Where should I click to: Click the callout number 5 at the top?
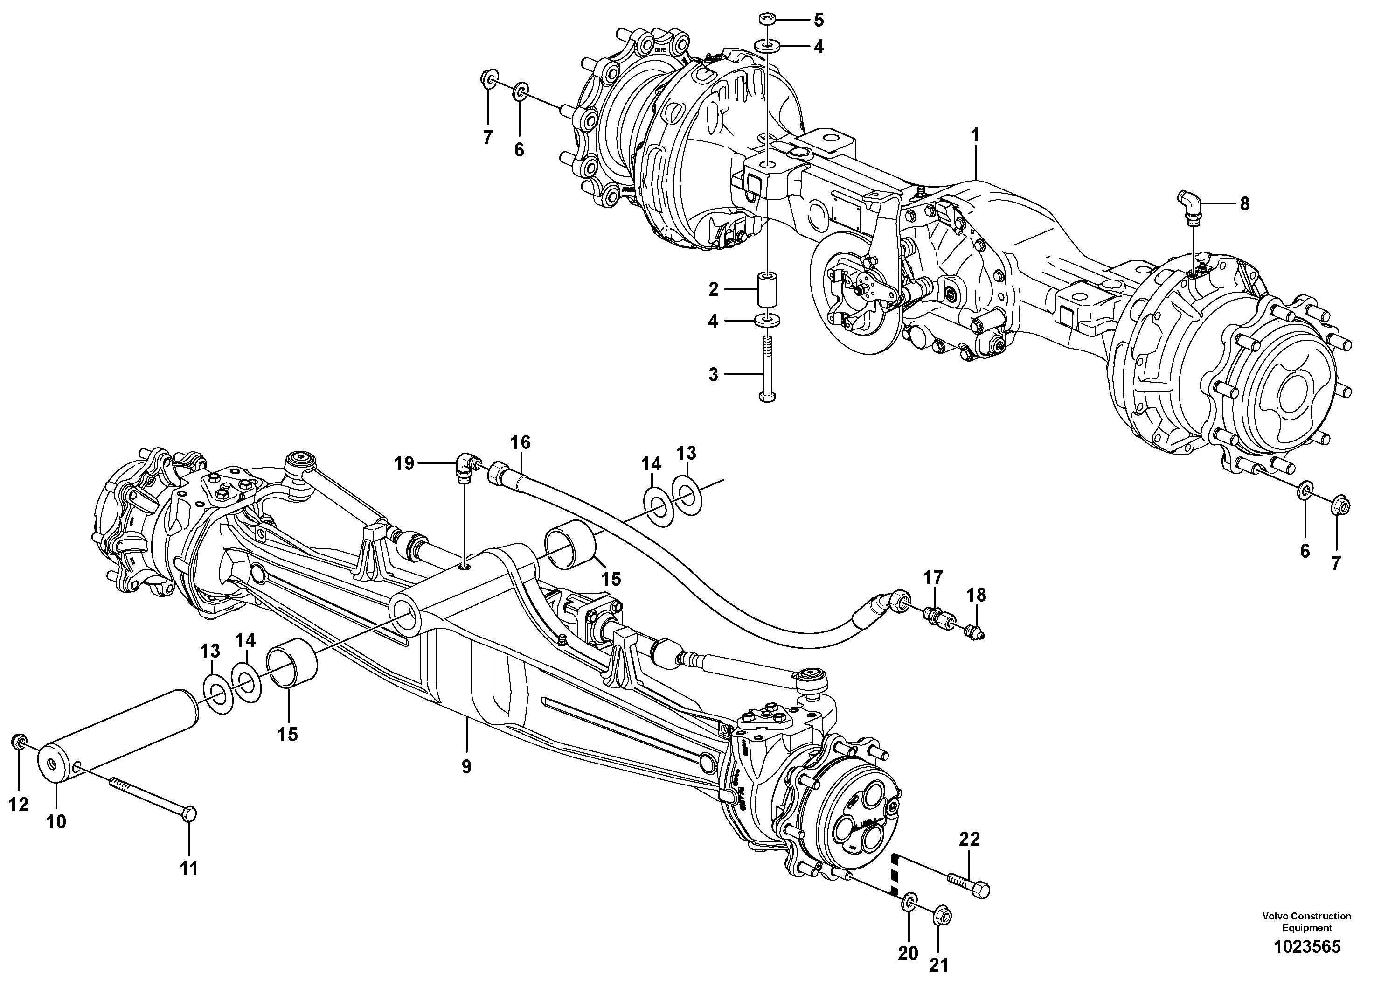click(x=818, y=20)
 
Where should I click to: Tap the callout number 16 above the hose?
click(x=520, y=443)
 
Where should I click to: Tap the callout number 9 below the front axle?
click(x=466, y=767)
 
